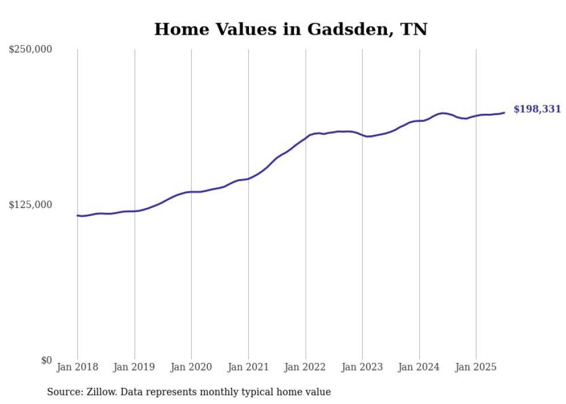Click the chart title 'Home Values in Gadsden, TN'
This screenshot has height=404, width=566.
pyautogui.click(x=291, y=29)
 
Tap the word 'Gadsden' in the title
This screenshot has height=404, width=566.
pyautogui.click(x=345, y=29)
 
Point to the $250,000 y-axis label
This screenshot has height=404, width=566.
pyautogui.click(x=31, y=50)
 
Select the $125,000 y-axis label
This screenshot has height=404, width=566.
pyautogui.click(x=31, y=205)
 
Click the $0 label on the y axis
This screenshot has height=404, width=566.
pyautogui.click(x=47, y=360)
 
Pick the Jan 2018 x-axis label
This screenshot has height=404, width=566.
pyautogui.click(x=77, y=367)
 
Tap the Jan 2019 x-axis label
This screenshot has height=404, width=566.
pyautogui.click(x=135, y=367)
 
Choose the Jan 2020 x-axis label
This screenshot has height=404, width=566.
pyautogui.click(x=192, y=367)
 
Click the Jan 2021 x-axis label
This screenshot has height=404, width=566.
pyautogui.click(x=248, y=367)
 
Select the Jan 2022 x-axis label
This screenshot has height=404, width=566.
pyautogui.click(x=306, y=367)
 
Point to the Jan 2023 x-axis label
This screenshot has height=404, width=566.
pyautogui.click(x=362, y=367)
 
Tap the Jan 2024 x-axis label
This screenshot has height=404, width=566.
pyautogui.click(x=419, y=367)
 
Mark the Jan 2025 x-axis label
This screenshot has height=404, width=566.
pyautogui.click(x=476, y=367)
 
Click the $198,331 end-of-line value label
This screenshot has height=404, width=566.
pyautogui.click(x=537, y=109)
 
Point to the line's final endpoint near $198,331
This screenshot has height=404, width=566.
pyautogui.click(x=504, y=113)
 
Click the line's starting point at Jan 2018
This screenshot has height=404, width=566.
pyautogui.click(x=77, y=216)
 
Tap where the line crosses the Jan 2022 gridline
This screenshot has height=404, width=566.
pyautogui.click(x=306, y=138)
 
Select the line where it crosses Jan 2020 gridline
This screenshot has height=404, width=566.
pyautogui.click(x=192, y=192)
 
